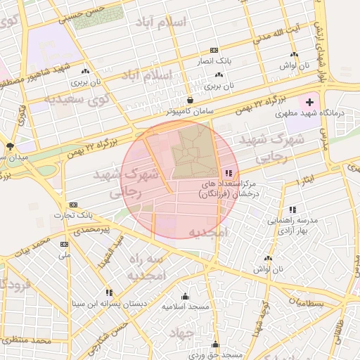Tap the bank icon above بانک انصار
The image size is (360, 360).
[x=213, y=51]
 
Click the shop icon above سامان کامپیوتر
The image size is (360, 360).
[x=191, y=101]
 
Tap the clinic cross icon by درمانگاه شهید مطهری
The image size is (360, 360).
[x=309, y=103]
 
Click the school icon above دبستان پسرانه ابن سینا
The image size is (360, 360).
[x=108, y=292]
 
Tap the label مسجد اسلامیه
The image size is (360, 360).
[x=184, y=307]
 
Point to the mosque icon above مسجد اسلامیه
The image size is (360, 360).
[x=185, y=296]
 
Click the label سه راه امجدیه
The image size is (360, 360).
[x=148, y=266]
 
